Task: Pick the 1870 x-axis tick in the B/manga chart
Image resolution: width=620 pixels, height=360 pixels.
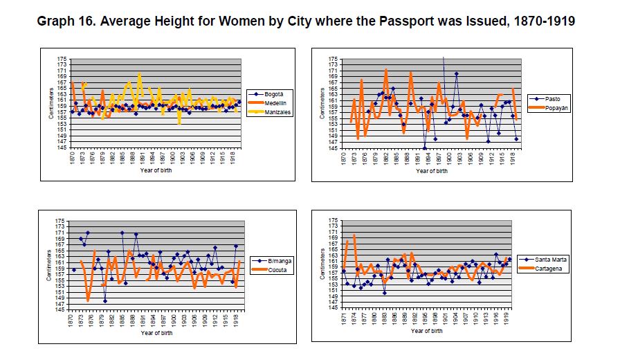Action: (x=72, y=321)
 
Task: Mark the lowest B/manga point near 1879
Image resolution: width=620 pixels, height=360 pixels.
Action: (x=105, y=300)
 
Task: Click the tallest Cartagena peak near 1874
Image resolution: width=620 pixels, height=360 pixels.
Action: (x=354, y=236)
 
